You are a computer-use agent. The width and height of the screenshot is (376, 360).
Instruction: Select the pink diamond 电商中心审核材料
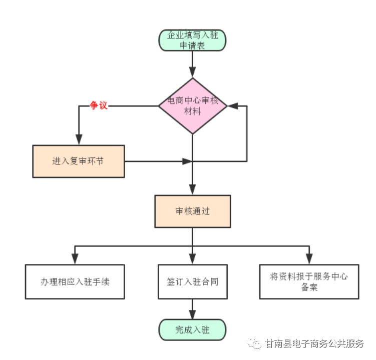193,105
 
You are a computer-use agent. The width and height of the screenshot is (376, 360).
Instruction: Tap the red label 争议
99,105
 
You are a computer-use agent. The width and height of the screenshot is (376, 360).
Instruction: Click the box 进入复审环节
78,161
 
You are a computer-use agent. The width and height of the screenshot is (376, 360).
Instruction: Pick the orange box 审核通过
193,211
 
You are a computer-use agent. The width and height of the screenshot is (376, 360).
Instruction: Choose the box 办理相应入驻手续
75,281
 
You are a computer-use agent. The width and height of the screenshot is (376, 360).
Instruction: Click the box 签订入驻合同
193,281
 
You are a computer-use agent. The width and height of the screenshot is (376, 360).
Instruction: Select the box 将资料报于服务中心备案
309,281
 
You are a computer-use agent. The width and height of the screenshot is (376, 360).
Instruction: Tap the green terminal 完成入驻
193,329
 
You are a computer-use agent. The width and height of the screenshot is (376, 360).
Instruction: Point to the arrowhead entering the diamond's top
193,72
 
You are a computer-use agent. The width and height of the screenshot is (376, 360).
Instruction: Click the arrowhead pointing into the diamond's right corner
233,105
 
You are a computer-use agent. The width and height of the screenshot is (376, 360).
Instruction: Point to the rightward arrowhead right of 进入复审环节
187,161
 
